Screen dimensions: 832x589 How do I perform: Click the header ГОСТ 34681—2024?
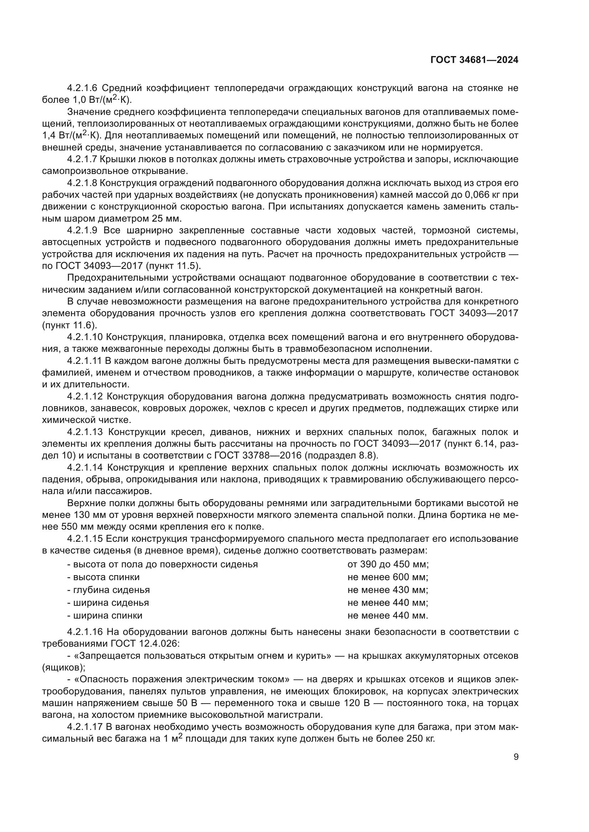click(474, 60)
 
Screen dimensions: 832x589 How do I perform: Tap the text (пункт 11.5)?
click(173, 266)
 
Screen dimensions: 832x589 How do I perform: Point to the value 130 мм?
click(89, 515)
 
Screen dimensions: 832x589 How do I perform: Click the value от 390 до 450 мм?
click(388, 564)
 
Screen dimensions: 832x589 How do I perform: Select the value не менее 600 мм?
click(388, 577)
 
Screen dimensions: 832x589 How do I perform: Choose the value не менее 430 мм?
click(388, 589)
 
